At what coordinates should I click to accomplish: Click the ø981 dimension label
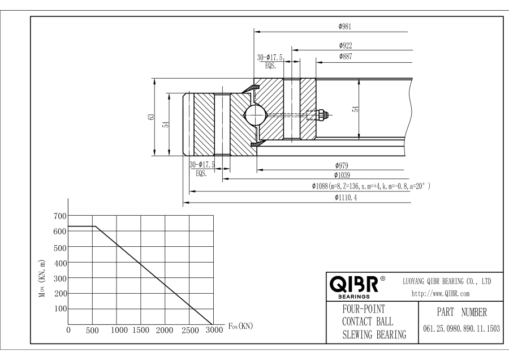click(347, 27)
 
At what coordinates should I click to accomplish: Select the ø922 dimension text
click(347, 45)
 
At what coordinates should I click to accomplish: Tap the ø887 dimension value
click(347, 57)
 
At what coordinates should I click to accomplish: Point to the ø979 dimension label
click(341, 165)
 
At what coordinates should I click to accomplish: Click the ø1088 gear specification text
click(370, 186)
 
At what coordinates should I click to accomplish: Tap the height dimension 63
click(150, 116)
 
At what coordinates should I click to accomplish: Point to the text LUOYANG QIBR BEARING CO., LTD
click(446, 281)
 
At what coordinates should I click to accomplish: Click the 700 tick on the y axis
click(60, 216)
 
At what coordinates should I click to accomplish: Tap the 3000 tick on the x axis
click(214, 331)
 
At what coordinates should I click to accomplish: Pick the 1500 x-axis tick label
click(141, 331)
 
